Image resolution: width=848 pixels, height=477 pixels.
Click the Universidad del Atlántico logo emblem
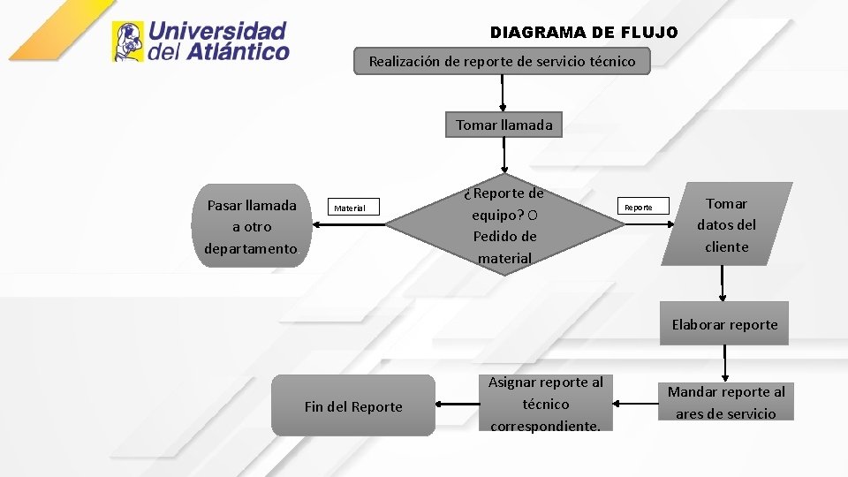(x=128, y=42)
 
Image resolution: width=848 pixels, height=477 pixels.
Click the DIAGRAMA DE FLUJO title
(x=584, y=33)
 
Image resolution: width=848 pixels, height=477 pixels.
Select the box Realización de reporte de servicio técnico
(x=501, y=62)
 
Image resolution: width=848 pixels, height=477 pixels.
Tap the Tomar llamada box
(x=503, y=125)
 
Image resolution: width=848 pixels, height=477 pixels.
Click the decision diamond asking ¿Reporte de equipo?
(x=505, y=225)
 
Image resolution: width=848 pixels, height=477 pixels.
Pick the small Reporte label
(x=639, y=208)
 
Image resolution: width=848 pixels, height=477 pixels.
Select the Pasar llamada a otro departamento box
(x=251, y=227)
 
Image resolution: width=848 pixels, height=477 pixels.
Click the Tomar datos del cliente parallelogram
(x=726, y=225)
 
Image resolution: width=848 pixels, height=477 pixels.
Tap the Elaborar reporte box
(x=724, y=324)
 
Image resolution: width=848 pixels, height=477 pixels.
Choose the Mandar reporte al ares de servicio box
(x=725, y=402)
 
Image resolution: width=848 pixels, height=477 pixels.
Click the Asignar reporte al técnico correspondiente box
(x=545, y=405)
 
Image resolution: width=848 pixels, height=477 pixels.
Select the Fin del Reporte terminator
(x=352, y=406)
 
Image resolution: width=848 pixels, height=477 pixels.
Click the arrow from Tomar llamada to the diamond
(x=504, y=155)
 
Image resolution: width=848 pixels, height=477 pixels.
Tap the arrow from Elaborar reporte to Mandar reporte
(x=725, y=362)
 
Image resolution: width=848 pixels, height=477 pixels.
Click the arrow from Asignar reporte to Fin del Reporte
(x=457, y=405)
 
